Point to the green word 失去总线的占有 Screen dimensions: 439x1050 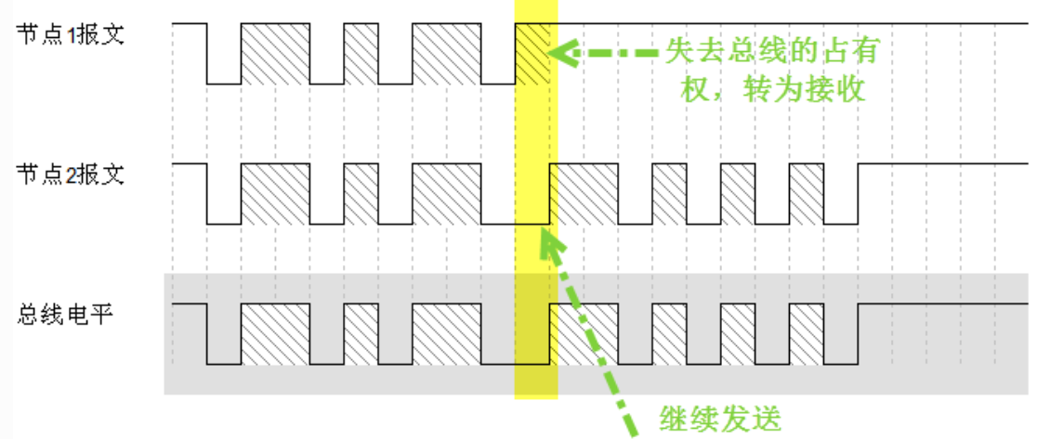pyautogui.click(x=771, y=49)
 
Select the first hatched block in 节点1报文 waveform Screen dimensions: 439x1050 pyautogui.click(x=275, y=53)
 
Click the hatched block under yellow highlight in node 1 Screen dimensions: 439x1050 pyautogui.click(x=532, y=53)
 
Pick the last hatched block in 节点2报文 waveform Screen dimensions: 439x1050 pyautogui.click(x=807, y=193)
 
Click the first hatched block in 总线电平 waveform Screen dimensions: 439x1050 pyautogui.click(x=275, y=333)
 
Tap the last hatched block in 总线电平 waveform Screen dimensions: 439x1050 pyautogui.click(x=807, y=333)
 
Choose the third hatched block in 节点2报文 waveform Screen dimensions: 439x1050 pyautogui.click(x=446, y=193)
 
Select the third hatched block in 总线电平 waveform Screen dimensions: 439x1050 pyautogui.click(x=446, y=333)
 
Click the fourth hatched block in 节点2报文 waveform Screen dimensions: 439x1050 pyautogui.click(x=584, y=193)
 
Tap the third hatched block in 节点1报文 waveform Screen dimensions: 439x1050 pyautogui.click(x=446, y=53)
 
